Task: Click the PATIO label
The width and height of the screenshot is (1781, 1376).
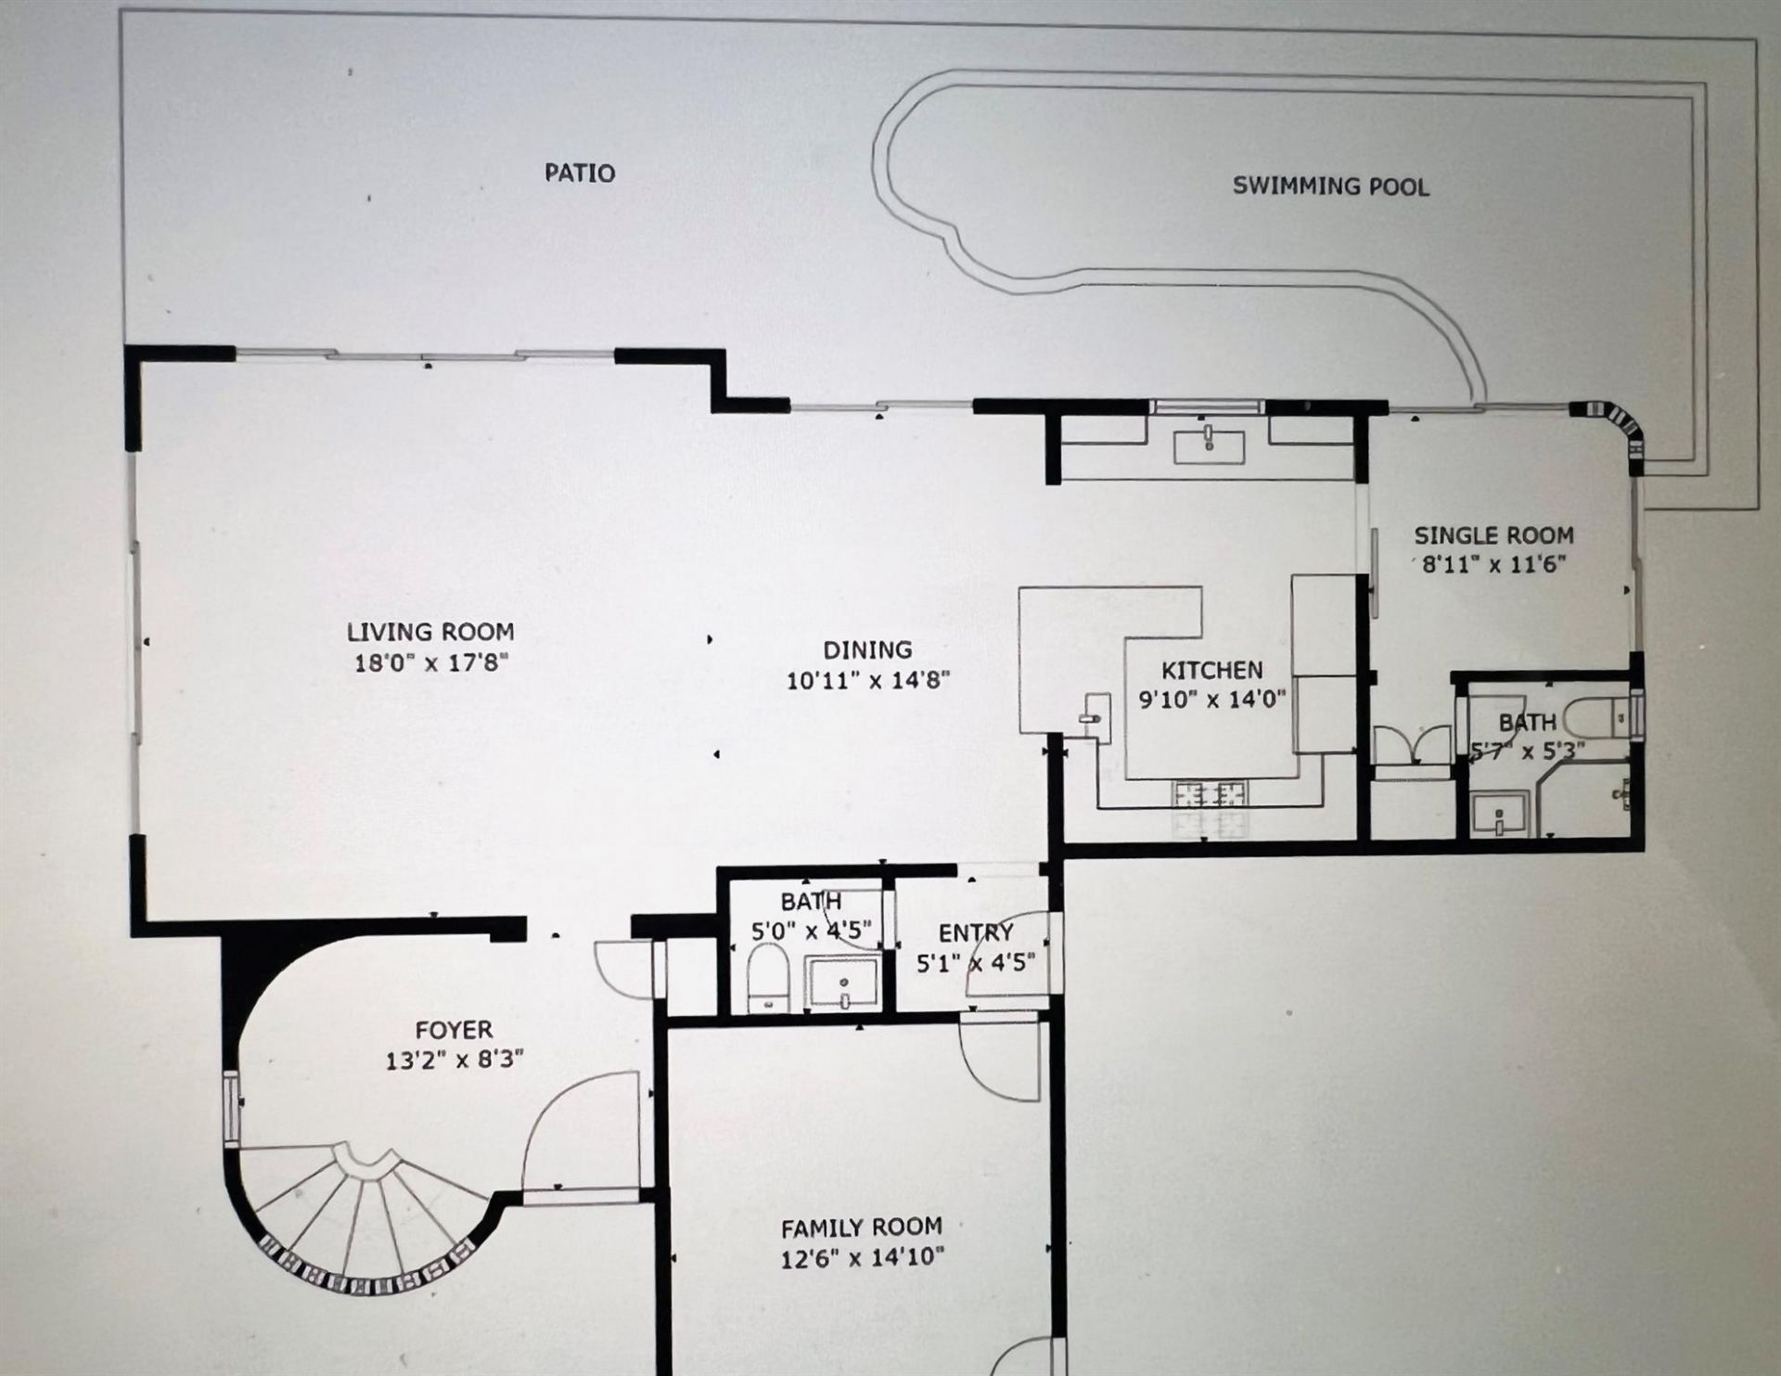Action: (x=580, y=173)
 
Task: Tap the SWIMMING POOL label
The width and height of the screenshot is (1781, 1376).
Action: (x=1330, y=186)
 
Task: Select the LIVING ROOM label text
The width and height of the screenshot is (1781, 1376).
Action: (x=430, y=632)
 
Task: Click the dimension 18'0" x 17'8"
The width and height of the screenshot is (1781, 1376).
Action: (x=432, y=663)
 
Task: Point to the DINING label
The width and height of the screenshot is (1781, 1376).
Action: (x=867, y=649)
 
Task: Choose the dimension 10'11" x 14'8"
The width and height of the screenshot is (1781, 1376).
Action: (x=868, y=680)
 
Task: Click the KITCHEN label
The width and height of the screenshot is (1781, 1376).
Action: (x=1212, y=669)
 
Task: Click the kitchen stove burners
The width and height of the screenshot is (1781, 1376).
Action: (x=1211, y=794)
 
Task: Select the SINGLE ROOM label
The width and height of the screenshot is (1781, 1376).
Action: (x=1493, y=535)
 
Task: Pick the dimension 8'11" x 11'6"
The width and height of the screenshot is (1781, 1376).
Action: (x=1493, y=563)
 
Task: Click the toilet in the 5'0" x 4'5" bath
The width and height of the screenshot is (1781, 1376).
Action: (x=768, y=978)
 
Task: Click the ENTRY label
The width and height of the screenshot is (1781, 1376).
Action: (x=975, y=932)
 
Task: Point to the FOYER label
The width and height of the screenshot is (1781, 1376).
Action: (x=454, y=1030)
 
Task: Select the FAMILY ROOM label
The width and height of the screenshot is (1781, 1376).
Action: (x=861, y=1228)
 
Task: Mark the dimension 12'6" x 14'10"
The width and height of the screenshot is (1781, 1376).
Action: (x=863, y=1258)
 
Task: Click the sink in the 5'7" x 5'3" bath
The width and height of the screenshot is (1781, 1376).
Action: (x=1499, y=813)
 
